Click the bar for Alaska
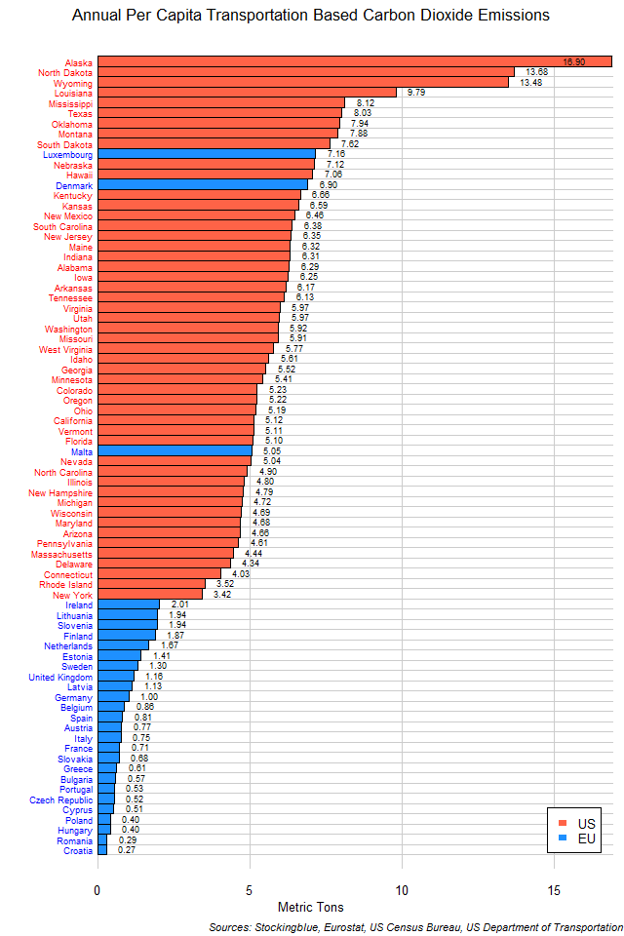(354, 61)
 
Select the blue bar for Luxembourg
(206, 154)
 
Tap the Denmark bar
(202, 184)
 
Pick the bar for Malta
(175, 450)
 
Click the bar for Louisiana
(247, 93)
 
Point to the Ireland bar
(128, 604)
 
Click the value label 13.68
(536, 72)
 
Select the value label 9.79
(416, 93)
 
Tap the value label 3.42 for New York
(221, 594)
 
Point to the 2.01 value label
(178, 604)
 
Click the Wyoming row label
(71, 82)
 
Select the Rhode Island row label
(65, 584)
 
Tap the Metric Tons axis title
(310, 908)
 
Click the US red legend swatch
(562, 823)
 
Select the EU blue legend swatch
(562, 838)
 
